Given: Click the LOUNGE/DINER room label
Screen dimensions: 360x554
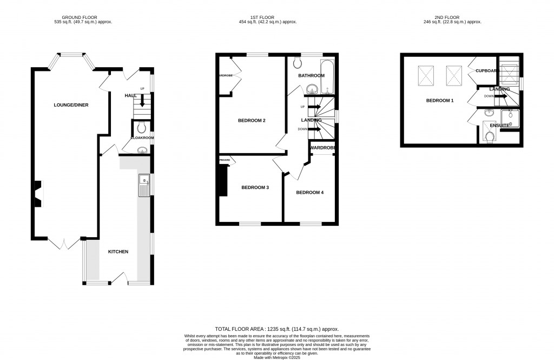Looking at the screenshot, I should pos(71,105).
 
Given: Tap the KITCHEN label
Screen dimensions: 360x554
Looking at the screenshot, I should pos(118,252).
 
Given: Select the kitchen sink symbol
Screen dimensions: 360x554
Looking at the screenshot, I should pos(144,184).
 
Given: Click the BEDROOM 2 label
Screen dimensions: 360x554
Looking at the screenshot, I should pos(252,120).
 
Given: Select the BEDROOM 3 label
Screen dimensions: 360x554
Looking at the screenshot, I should pos(255,187).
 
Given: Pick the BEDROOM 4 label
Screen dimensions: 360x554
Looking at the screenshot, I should pos(311,192).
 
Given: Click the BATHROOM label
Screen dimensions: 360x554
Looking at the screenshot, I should pos(312,76).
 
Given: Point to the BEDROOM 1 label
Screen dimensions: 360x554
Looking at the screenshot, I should pos(440,101).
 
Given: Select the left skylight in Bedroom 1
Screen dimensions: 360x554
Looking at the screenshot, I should pos(425,75).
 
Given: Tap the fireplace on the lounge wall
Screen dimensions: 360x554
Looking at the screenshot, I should pos(39,194).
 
